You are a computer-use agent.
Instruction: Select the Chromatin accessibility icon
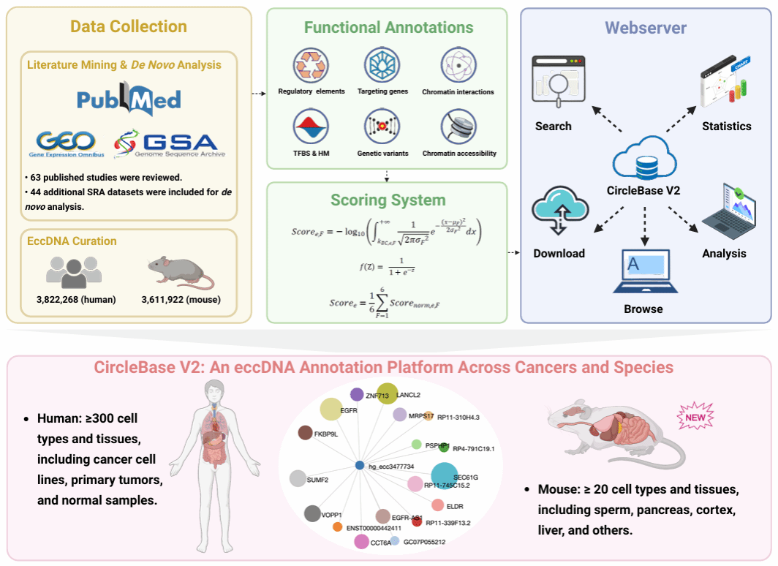458,127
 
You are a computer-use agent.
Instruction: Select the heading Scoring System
388,200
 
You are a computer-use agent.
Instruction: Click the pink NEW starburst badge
695,419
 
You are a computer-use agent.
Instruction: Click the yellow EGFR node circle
330,410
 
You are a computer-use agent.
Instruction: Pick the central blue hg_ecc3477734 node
359,465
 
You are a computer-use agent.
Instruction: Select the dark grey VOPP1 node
313,513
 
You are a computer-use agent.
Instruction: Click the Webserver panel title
646,29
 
